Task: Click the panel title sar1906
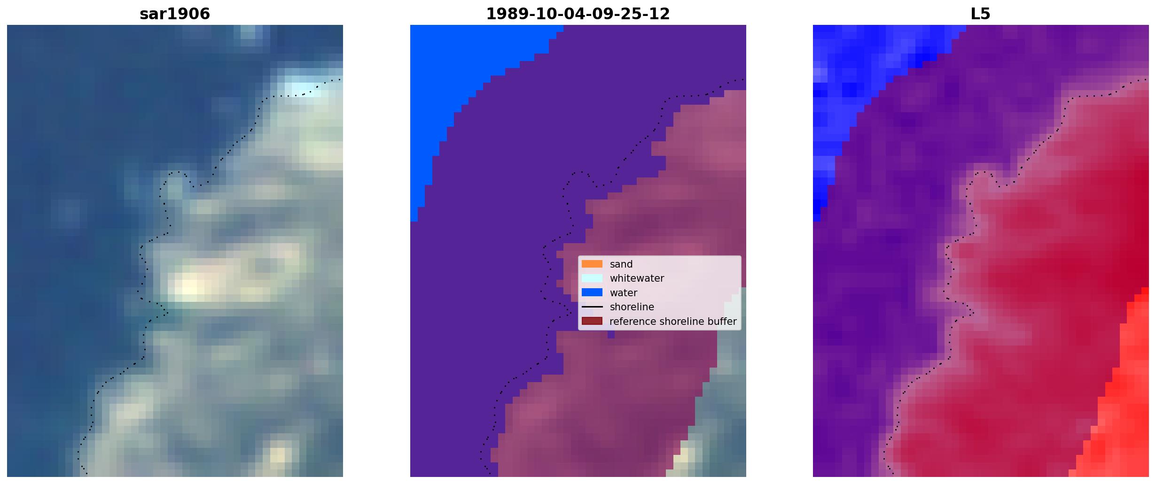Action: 175,14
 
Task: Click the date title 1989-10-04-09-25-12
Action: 578,14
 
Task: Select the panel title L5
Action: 981,14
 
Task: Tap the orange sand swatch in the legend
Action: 592,264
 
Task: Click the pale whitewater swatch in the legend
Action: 592,278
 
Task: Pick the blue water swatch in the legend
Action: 592,292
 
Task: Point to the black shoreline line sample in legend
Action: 592,307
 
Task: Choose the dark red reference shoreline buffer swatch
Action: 592,321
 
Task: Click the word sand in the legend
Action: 621,264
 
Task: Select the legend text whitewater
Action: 637,278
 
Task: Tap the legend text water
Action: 624,293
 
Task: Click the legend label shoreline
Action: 632,307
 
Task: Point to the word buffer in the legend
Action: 723,322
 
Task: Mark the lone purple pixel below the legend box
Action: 611,335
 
